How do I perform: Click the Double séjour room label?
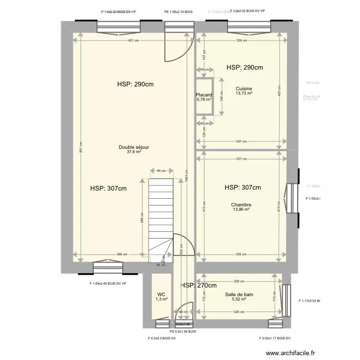pyautogui.click(x=134, y=147)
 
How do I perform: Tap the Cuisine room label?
pyautogui.click(x=244, y=88)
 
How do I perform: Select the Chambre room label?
pyautogui.click(x=241, y=204)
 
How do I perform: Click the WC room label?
pyautogui.click(x=161, y=295)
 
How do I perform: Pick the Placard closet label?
pyautogui.click(x=204, y=95)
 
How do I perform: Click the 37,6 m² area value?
pyautogui.click(x=134, y=152)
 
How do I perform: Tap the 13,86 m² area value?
pyautogui.click(x=241, y=209)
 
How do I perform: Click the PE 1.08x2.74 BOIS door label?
pyautogui.click(x=178, y=12)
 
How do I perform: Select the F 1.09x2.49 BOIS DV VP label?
pyautogui.click(x=108, y=283)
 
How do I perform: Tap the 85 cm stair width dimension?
pyautogui.click(x=161, y=170)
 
